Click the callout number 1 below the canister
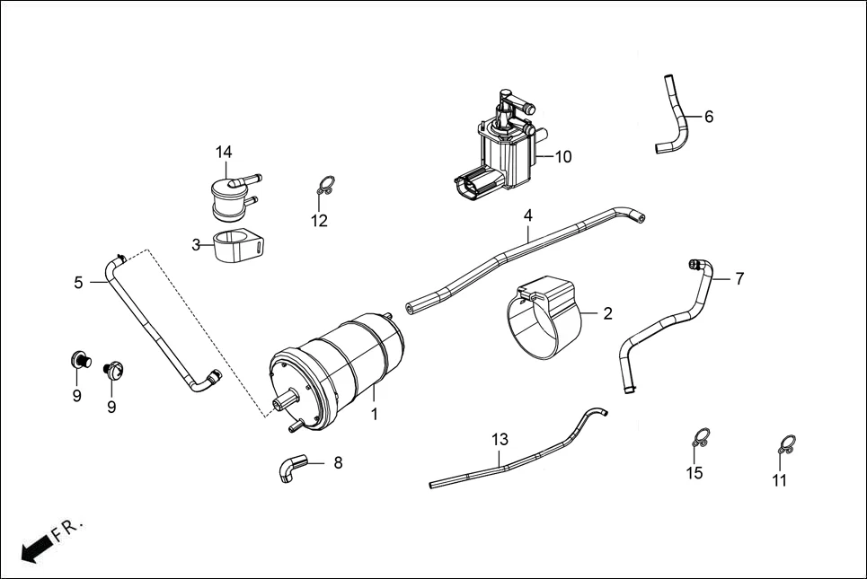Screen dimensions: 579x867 (x=375, y=415)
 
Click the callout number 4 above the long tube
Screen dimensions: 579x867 (x=528, y=215)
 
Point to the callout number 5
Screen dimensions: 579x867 (x=79, y=283)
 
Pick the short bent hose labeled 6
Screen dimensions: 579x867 (x=673, y=118)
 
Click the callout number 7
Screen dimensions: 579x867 (x=739, y=278)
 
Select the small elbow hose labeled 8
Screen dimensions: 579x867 (x=292, y=468)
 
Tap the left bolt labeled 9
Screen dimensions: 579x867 (x=79, y=362)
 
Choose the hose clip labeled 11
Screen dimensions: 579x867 (x=786, y=444)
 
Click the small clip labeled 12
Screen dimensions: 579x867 (x=325, y=188)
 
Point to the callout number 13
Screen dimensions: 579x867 (x=500, y=439)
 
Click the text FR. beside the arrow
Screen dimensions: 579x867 (x=67, y=530)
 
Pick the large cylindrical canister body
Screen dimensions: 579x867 (x=341, y=368)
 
